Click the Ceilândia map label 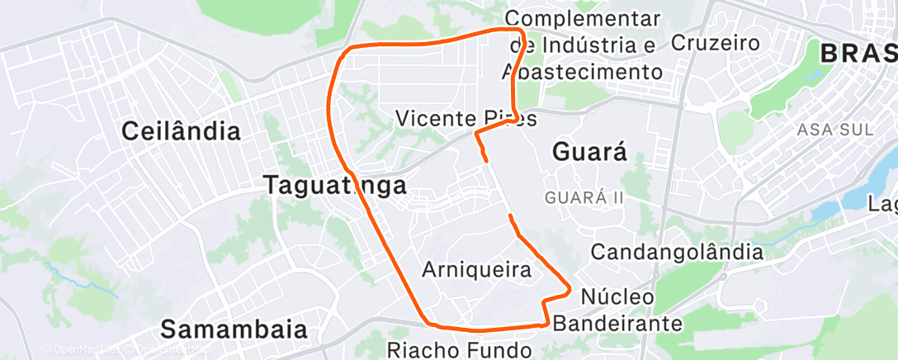tap(182, 130)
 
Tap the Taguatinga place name tap(335, 185)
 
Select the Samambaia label tap(234, 329)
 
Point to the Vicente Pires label tap(466, 118)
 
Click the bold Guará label tap(589, 151)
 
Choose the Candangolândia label tap(678, 251)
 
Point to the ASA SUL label tap(834, 130)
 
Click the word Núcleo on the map tap(617, 296)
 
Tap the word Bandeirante tap(617, 323)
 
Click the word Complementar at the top tap(583, 17)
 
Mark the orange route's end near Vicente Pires tap(485, 159)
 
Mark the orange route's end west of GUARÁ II tap(511, 216)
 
